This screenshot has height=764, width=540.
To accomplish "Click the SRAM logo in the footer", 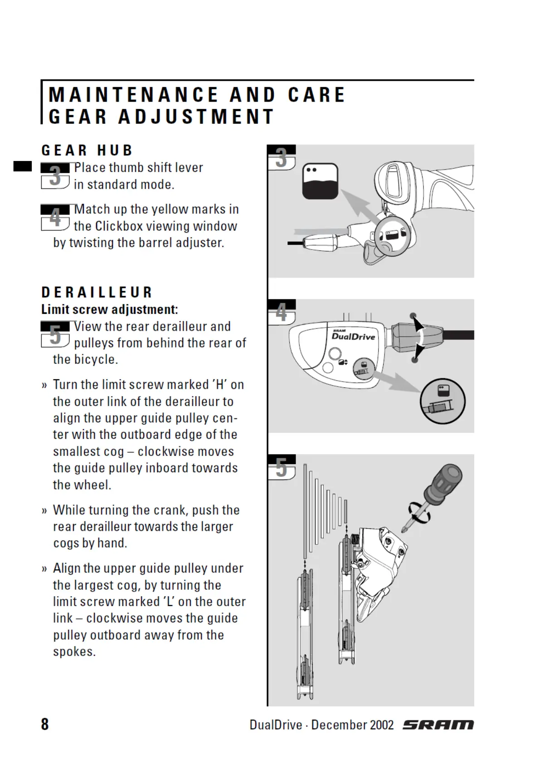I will pos(438,725).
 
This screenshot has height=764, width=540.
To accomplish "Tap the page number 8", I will pos(45,724).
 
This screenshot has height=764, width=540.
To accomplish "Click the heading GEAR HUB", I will pos(87,151).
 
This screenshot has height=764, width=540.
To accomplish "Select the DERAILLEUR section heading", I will pos(97,292).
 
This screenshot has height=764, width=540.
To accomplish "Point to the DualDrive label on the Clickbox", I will pos(353,336).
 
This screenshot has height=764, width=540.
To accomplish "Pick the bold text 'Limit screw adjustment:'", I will pos(109,309).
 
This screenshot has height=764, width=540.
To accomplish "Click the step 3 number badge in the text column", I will pos(55,176).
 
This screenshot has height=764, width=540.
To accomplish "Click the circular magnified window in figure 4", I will pos(443,401).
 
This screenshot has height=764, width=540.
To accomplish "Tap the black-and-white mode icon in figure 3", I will pos(320,181).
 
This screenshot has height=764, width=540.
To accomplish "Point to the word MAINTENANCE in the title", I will pos(134,95).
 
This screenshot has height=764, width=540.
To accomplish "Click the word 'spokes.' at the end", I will pos(74,652).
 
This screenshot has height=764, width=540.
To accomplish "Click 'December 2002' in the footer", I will pos(352,725).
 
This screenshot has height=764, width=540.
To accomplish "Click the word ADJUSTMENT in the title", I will pos(196,117).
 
